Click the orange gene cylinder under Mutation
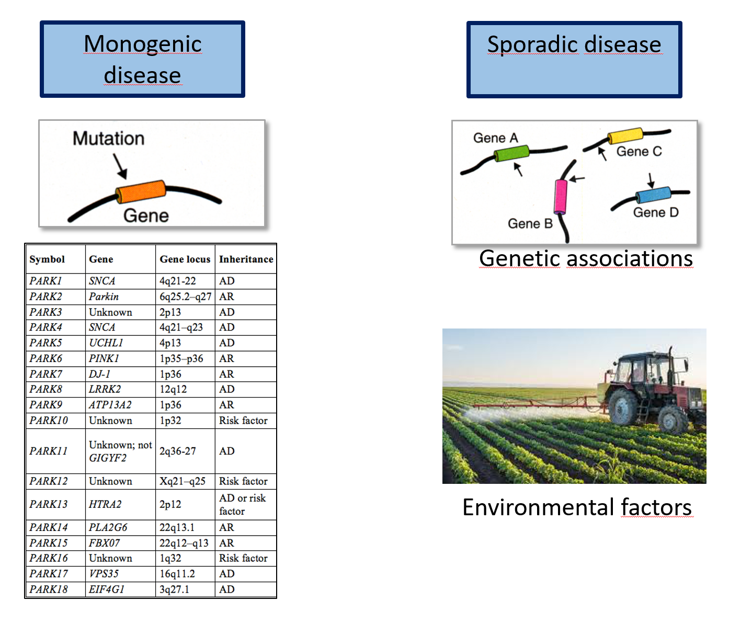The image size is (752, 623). click(141, 191)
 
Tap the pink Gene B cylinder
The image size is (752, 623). click(561, 196)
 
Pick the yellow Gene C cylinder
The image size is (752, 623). click(625, 135)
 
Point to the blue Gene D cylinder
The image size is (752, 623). click(653, 195)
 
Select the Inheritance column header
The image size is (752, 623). click(246, 259)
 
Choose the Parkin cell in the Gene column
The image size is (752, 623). click(104, 297)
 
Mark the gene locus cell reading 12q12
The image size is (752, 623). click(173, 389)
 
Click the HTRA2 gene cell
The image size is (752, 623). click(105, 504)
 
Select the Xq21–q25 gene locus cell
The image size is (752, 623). click(183, 481)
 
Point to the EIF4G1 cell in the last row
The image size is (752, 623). click(107, 589)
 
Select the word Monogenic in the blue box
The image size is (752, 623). click(143, 44)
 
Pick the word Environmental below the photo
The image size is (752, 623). click(538, 507)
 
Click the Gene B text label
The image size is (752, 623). click(530, 223)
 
